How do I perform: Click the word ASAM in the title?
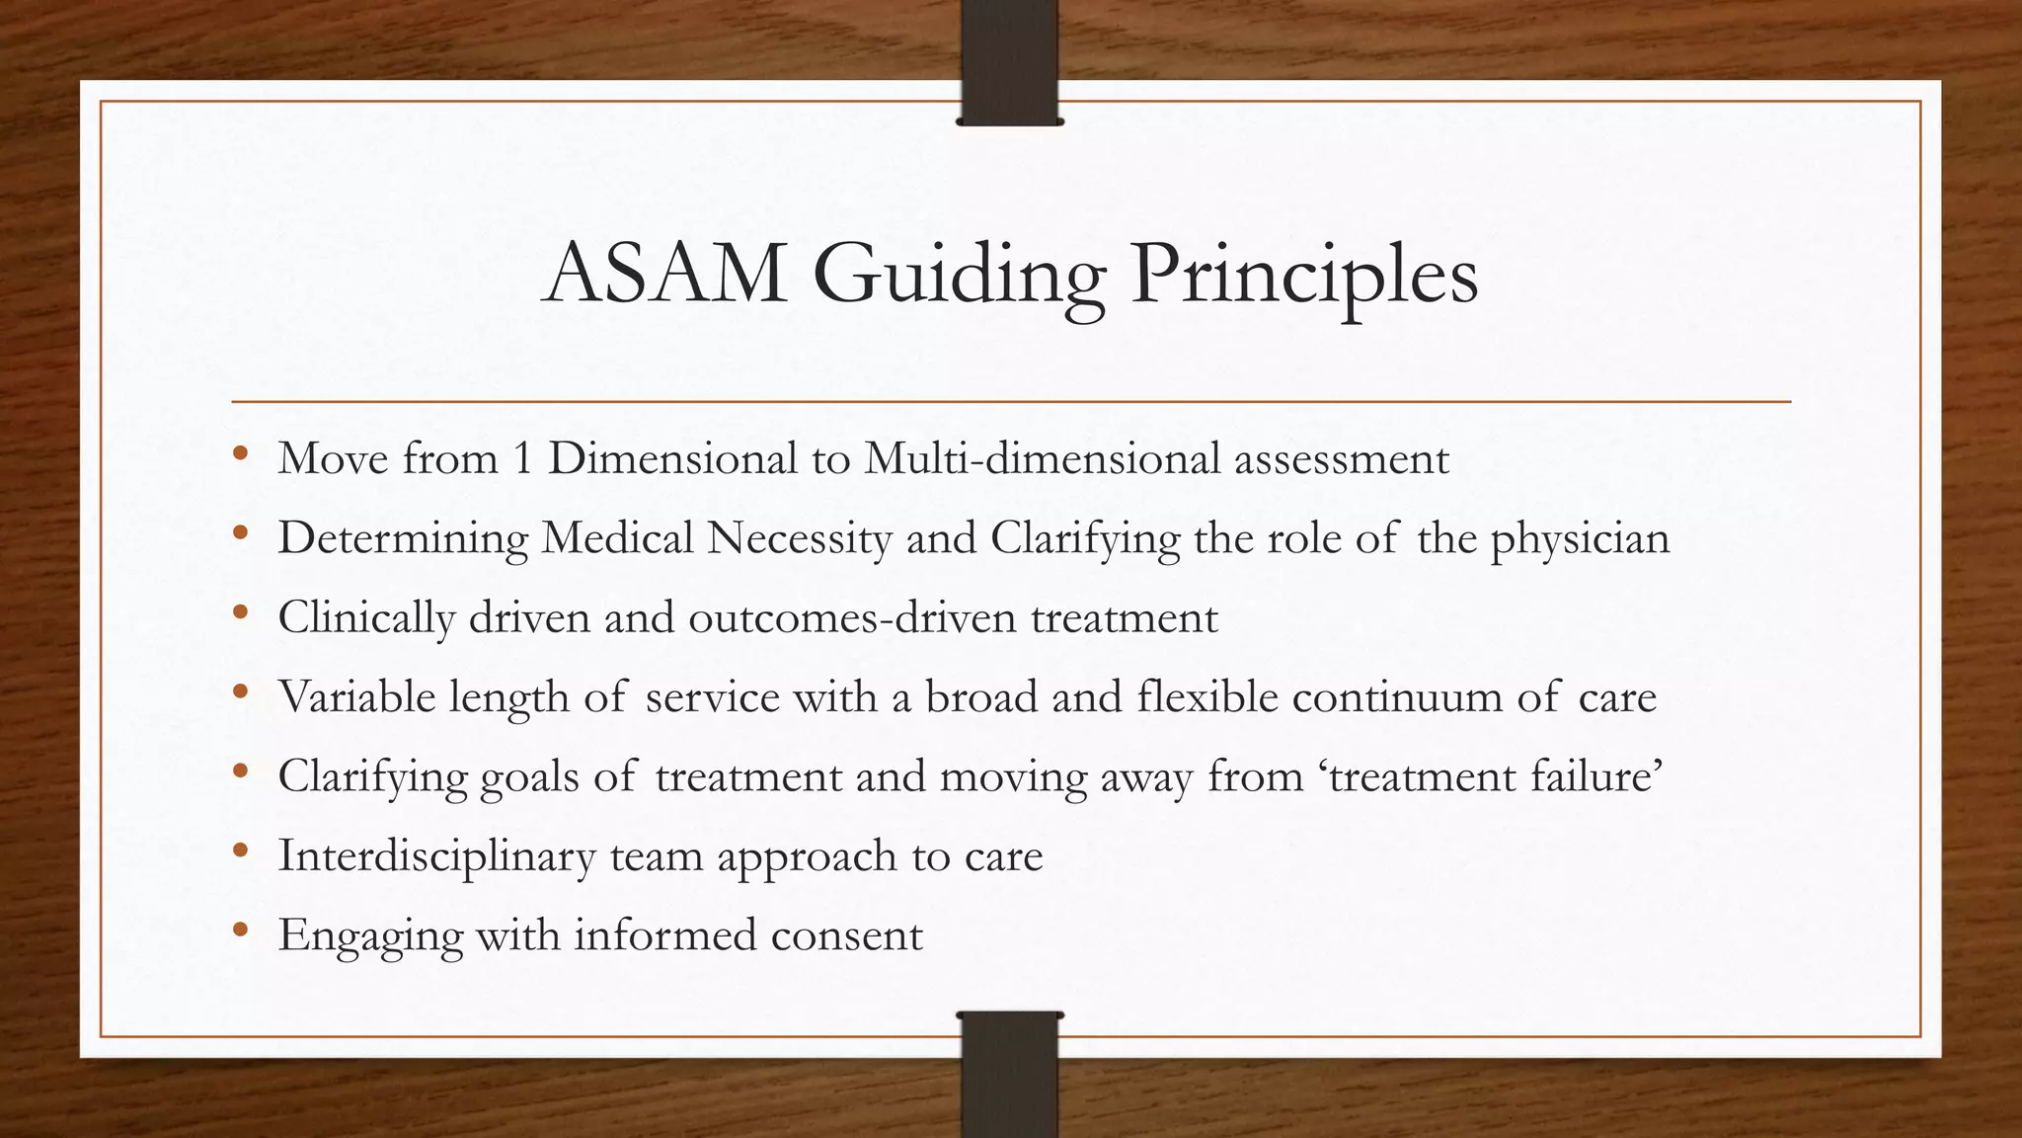point(665,275)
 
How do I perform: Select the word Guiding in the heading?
point(958,275)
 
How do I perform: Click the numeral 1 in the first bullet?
point(522,459)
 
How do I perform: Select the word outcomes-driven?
point(852,618)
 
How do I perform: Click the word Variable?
point(356,697)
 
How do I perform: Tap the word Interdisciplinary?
point(436,855)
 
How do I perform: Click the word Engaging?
point(370,935)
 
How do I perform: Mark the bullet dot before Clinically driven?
point(240,613)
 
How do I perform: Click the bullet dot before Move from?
point(240,454)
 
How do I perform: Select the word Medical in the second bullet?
point(617,539)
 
